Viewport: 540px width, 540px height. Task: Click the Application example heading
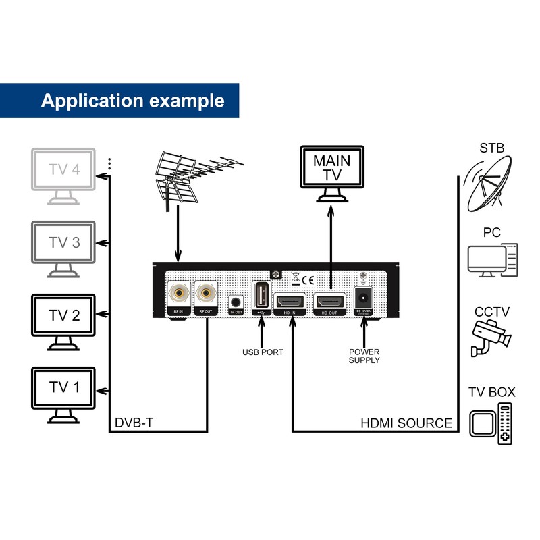[132, 101]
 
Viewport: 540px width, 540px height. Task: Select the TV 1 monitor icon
[64, 388]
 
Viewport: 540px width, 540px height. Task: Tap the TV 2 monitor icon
[64, 316]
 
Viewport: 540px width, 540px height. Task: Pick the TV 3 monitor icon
[64, 244]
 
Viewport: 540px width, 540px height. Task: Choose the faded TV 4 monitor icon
[64, 171]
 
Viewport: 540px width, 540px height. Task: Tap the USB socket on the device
[261, 295]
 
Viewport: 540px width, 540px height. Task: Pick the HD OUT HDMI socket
[331, 301]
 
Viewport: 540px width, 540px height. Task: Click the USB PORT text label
[263, 352]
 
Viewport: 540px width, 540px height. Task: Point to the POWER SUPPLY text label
[364, 356]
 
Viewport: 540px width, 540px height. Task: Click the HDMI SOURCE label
[406, 423]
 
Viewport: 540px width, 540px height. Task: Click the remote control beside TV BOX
[504, 423]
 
